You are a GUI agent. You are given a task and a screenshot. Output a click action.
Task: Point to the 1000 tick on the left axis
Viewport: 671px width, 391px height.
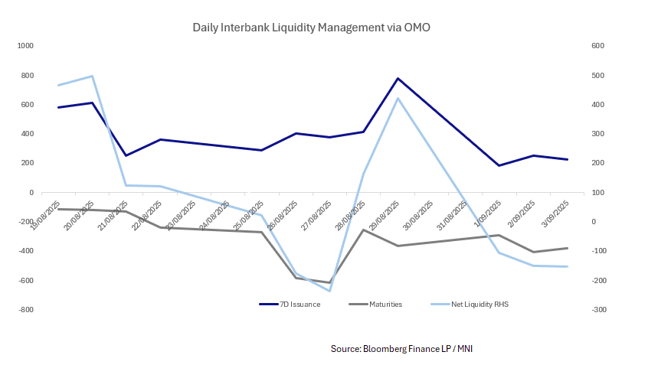coord(26,46)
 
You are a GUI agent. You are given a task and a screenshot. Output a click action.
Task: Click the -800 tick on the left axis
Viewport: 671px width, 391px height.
coord(26,310)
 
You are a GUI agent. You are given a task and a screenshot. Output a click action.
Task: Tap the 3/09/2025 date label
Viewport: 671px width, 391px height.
coord(556,212)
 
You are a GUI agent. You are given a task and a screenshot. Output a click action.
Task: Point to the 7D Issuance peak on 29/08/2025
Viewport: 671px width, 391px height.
coord(398,78)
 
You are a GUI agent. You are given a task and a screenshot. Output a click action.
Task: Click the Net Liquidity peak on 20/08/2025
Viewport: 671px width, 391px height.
coord(92,76)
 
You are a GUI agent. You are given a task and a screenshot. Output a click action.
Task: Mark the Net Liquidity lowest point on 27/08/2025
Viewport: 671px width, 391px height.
coord(329,291)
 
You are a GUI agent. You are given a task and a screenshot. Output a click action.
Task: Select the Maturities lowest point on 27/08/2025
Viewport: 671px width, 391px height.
coord(329,282)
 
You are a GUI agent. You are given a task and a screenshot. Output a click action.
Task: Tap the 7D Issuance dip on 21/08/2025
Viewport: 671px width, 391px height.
coord(126,155)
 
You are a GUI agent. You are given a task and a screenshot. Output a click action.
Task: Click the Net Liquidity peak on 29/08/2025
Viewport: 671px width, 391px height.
coord(398,98)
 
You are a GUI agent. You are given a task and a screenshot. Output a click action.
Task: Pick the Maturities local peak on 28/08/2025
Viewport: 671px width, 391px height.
coord(363,230)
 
